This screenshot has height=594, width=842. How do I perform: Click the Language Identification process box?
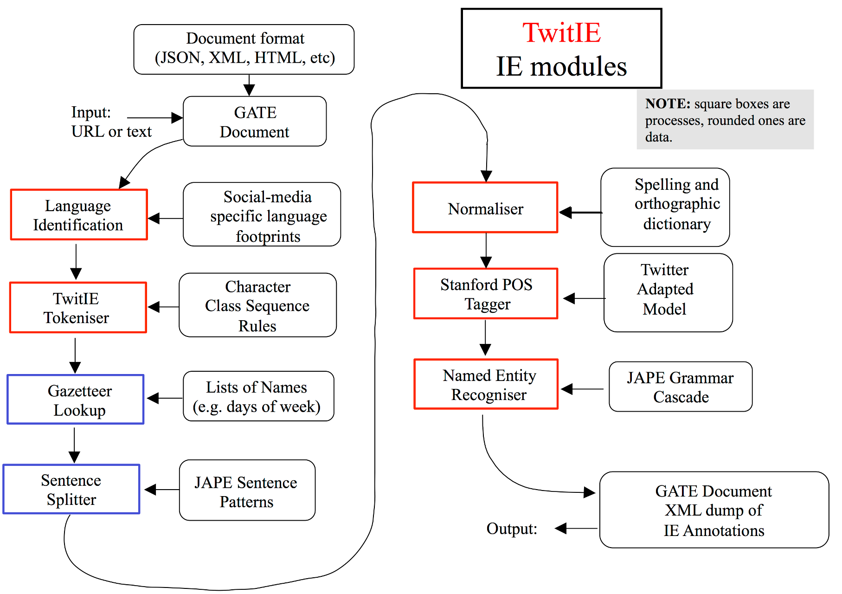79,214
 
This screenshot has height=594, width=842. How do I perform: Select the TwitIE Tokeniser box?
78,307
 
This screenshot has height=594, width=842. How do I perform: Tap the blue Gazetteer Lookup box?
76,400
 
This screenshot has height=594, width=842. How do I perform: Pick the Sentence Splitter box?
71,489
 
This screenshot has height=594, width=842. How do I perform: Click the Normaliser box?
485,207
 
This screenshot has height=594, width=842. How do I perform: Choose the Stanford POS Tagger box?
486,293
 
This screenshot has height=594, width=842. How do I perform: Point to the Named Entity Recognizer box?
486,384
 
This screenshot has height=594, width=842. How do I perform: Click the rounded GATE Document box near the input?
255,121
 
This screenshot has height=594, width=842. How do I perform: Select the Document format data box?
244,49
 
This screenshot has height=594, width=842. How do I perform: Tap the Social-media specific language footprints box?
262,214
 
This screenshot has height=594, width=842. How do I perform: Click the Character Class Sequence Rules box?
258,305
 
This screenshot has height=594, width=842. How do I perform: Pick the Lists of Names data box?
259,396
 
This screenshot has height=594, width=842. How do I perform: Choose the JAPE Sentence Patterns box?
247,490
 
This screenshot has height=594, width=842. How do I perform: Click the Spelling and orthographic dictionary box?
665,207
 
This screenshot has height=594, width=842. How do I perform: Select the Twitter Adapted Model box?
668,292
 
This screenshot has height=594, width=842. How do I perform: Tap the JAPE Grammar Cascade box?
681,387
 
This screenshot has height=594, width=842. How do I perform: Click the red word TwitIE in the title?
561,32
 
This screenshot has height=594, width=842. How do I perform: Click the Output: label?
512,529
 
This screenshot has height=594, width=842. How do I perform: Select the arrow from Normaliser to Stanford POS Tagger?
486,251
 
